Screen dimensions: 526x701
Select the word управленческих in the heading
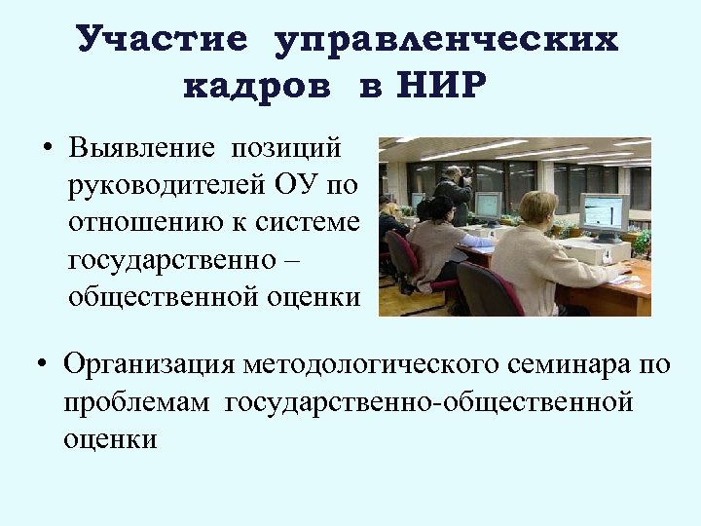click(x=447, y=40)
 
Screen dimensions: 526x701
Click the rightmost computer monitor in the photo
click(x=603, y=211)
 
